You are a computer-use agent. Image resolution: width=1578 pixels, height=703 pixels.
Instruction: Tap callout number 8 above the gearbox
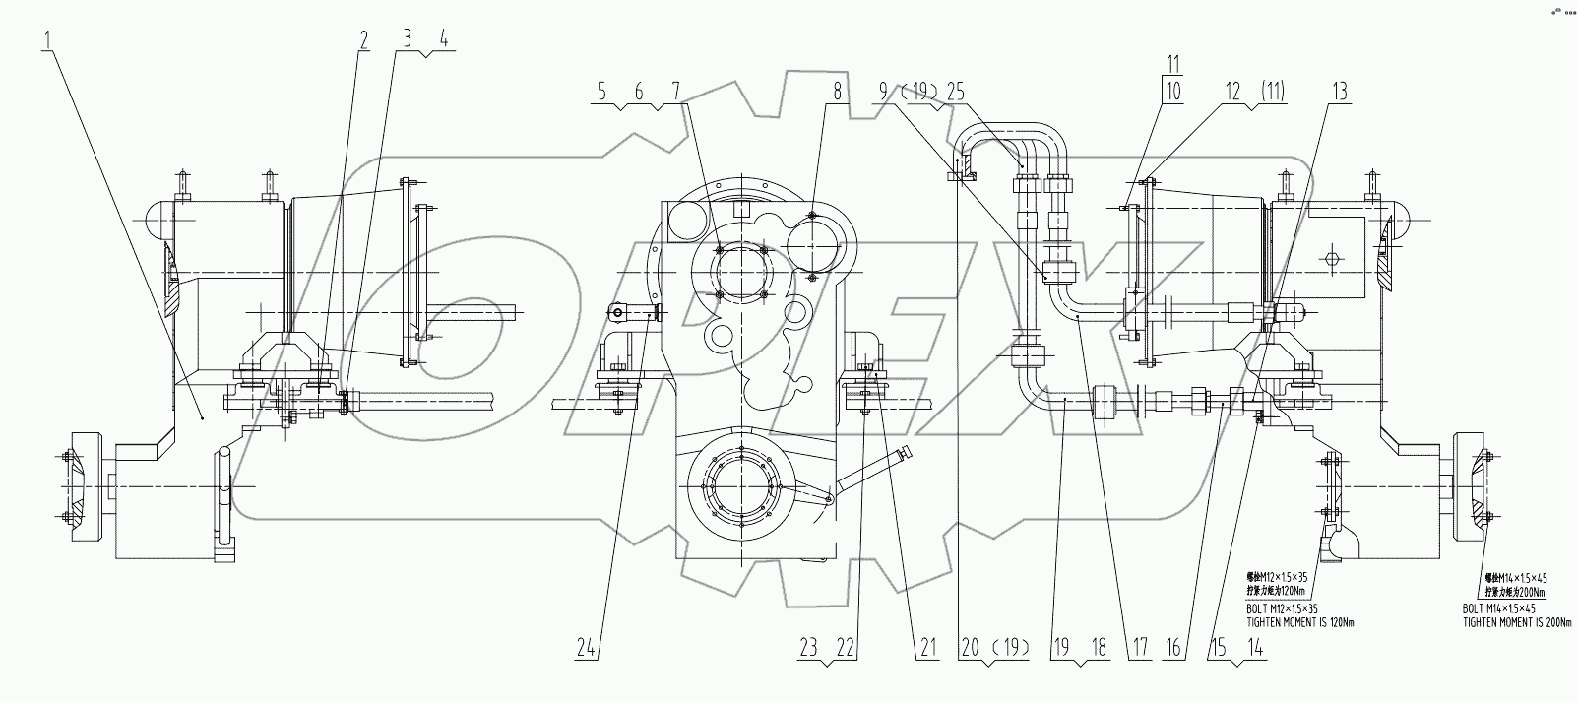[836, 92]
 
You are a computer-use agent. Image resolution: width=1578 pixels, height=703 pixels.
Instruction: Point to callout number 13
[1339, 92]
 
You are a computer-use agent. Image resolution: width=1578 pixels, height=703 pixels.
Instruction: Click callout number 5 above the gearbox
[601, 92]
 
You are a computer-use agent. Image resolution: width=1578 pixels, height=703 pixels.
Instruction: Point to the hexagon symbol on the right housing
[1332, 258]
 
